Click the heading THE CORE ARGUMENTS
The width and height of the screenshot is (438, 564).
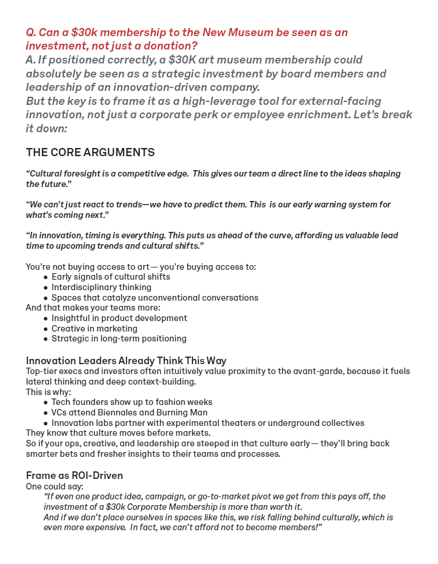(x=90, y=153)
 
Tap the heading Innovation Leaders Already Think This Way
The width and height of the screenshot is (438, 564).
(x=126, y=361)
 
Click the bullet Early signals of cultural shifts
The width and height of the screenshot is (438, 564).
(x=111, y=277)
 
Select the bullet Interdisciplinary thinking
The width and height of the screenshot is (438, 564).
(x=101, y=287)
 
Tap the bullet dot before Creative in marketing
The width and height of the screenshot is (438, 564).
(x=45, y=329)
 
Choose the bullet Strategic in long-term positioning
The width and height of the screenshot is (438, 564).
(x=119, y=339)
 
